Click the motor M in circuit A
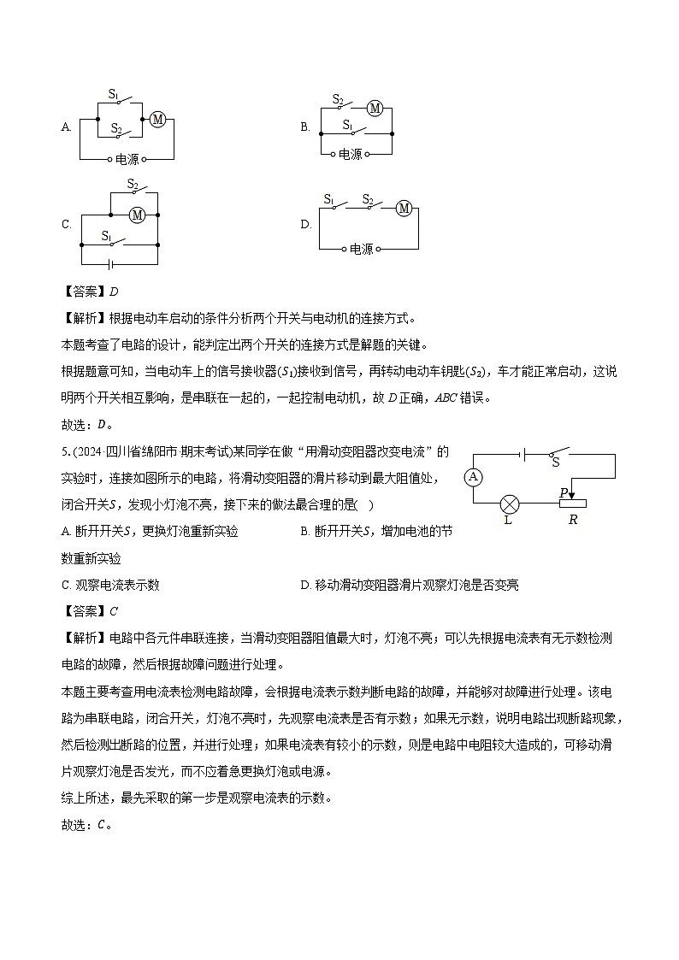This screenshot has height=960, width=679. [x=157, y=120]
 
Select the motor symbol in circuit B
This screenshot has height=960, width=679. [x=374, y=108]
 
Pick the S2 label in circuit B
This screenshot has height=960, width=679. [x=338, y=99]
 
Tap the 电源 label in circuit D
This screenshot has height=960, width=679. [x=362, y=250]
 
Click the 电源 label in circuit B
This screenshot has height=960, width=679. [x=351, y=155]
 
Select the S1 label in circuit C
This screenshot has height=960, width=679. [x=107, y=234]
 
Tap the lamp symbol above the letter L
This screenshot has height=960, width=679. [x=510, y=503]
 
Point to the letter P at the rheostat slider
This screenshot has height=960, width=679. [x=564, y=492]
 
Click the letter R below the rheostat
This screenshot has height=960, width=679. [x=573, y=520]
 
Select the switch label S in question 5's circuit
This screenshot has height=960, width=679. [x=556, y=462]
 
